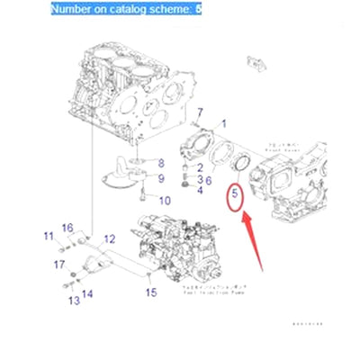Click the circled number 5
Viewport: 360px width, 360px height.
234,193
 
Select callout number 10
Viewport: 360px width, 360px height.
165,200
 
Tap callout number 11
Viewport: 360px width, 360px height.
49,236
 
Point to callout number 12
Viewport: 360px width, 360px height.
109,238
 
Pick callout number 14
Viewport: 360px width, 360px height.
86,293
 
